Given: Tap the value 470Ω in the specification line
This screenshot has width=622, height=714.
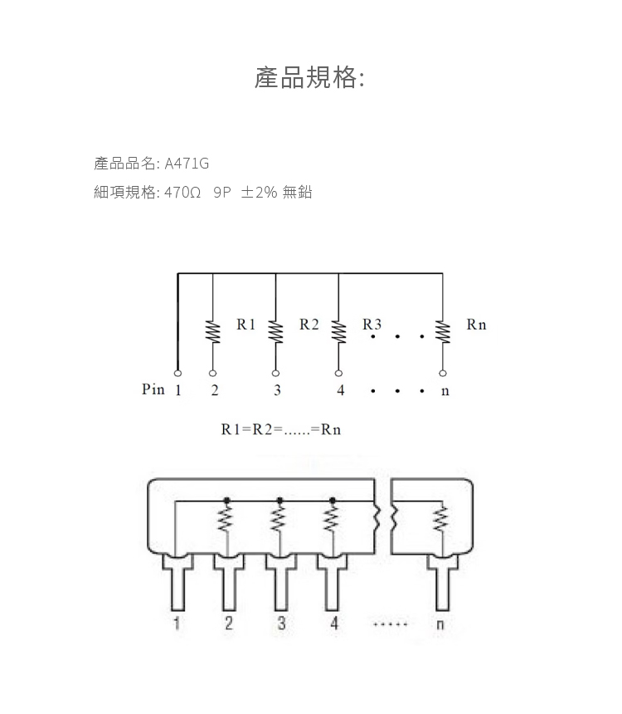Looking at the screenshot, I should (182, 193).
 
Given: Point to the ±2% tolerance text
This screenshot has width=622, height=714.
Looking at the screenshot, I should (258, 193).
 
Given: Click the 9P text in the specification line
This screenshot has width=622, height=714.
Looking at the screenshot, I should (221, 193).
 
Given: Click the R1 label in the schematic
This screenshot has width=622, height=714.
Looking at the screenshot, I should (246, 325).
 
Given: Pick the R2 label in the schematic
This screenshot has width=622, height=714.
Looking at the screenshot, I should (309, 325).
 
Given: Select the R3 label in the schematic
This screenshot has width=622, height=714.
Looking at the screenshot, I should (372, 325).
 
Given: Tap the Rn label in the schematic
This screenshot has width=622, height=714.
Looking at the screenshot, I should (476, 325).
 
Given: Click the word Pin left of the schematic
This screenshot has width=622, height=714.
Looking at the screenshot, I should (153, 389).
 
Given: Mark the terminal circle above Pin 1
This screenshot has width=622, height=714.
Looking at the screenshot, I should (177, 373).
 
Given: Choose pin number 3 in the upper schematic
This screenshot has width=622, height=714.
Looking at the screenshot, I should (277, 390).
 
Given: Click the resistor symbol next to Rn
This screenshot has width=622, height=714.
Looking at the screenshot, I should (443, 330).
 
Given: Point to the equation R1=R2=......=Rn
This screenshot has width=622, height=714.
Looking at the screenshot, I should (281, 429).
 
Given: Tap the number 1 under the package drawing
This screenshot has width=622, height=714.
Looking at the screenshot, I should (177, 624).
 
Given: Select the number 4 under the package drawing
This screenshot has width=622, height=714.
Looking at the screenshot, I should (334, 624).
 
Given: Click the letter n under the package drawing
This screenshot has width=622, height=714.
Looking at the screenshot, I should (440, 624).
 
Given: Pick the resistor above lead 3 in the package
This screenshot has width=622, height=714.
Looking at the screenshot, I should (279, 521).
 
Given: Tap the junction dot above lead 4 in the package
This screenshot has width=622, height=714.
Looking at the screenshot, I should (333, 500).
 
